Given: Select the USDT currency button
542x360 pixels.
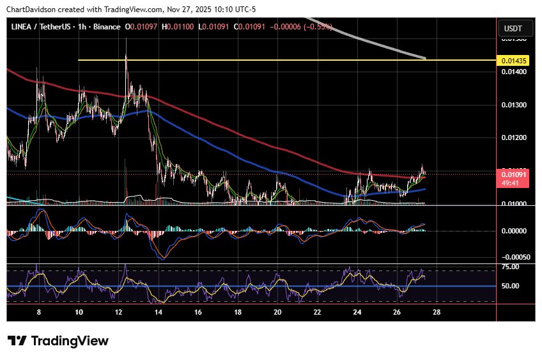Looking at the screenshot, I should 513,28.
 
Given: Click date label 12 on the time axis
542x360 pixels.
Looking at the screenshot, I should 119,313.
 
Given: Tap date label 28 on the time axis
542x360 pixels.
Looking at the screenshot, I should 437,313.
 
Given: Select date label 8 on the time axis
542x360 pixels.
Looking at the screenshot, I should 40,313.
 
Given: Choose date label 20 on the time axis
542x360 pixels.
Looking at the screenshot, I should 277,313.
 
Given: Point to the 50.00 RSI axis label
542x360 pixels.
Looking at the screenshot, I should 509,286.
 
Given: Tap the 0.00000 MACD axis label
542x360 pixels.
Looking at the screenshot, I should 513,230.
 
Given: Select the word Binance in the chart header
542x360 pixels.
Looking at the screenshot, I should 107,26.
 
